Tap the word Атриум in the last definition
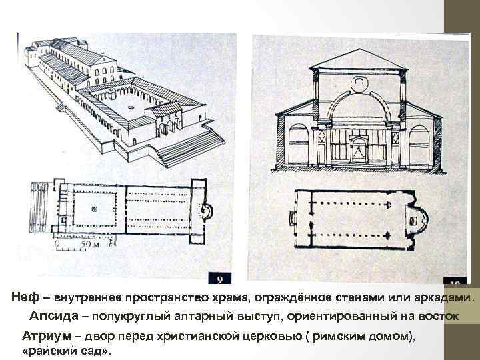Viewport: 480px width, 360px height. [45, 335]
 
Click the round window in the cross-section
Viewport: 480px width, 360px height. [361, 83]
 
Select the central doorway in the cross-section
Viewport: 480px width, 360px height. [361, 149]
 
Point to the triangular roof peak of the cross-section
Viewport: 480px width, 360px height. [360, 53]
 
